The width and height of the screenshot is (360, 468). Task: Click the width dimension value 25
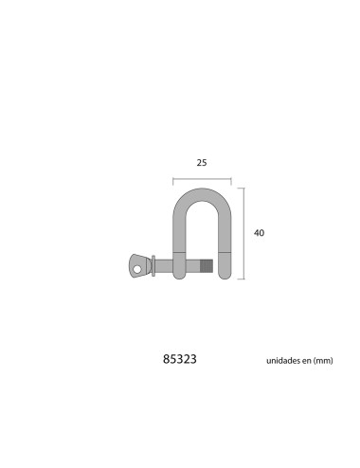tap(202, 163)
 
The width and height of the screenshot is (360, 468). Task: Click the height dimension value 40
tap(260, 232)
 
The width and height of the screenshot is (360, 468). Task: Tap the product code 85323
tap(181, 361)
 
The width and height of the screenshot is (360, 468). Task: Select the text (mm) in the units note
tap(329, 362)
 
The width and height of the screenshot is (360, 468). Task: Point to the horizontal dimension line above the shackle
tap(202, 178)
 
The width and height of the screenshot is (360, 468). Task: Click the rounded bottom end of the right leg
tap(225, 275)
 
